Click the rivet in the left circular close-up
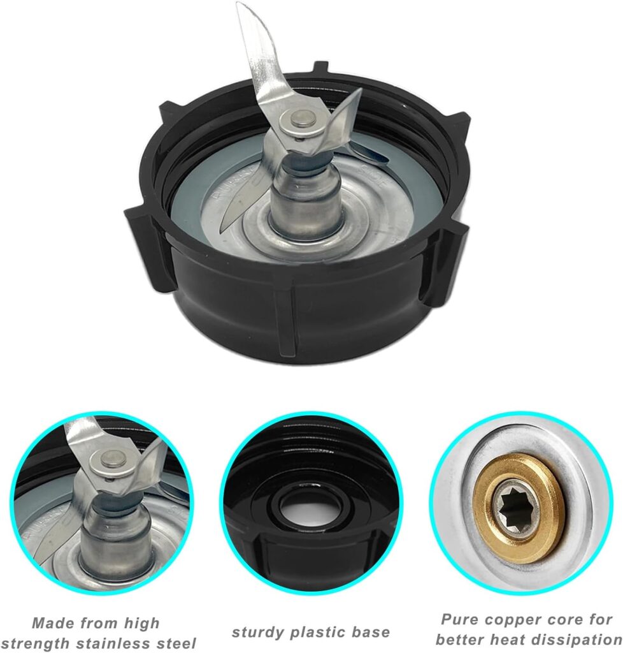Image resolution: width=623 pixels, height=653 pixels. coord(113,459)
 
